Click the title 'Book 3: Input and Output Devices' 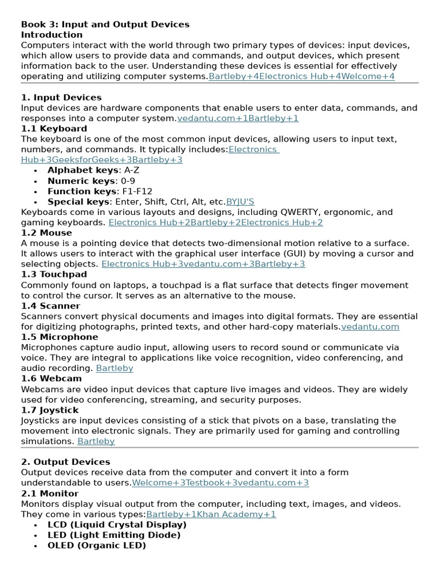105,24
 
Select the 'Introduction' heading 52,34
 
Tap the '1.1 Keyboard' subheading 54,128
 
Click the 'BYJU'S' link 240,202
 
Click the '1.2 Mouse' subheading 46,233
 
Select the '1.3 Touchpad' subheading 54,275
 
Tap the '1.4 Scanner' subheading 50,306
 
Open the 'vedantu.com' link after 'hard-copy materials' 370,327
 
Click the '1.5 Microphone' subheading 60,337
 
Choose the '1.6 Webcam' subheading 51,378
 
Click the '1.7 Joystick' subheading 50,410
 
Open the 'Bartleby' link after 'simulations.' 96,441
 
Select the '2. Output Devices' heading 65,462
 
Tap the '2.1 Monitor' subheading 50,494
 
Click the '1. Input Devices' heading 61,97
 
